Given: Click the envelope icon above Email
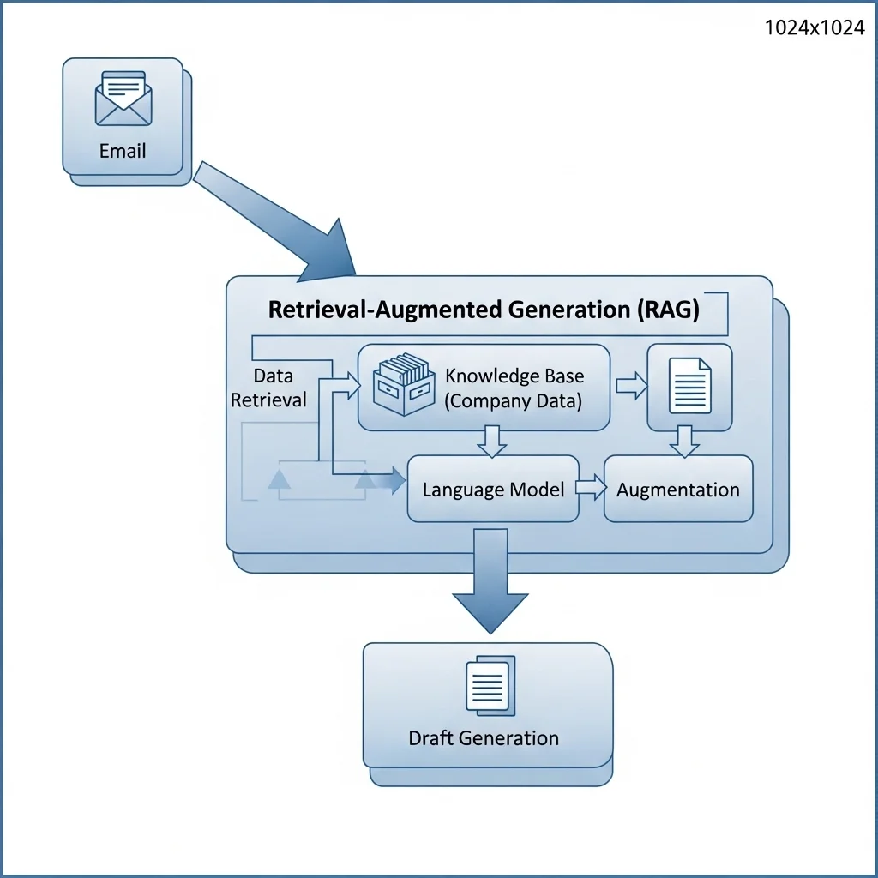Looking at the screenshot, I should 123,99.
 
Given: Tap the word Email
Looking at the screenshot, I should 123,151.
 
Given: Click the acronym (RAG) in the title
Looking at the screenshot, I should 669,310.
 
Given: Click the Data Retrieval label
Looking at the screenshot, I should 270,388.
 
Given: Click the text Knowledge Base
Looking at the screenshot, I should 514,376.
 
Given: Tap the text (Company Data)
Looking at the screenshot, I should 513,400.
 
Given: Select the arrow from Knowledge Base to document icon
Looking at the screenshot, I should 632,387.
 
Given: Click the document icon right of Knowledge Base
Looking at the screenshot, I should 690,386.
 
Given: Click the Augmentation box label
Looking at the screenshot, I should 677,490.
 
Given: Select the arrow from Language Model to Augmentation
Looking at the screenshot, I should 591,488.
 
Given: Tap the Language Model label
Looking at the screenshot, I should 493,490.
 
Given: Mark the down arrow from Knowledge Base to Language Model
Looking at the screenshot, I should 492,440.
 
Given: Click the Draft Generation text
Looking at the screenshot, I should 484,737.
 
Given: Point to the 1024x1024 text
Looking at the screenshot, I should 814,27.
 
